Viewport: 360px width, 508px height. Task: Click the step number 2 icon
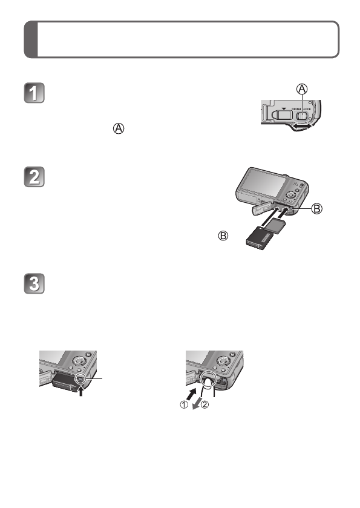coord(36,180)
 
